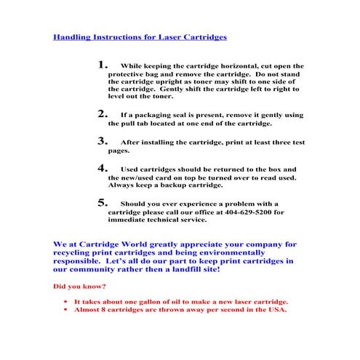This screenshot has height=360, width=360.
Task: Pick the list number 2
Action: pos(103,113)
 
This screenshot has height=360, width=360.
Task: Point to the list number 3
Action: pos(103,141)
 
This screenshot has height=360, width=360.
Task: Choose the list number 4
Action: pos(103,168)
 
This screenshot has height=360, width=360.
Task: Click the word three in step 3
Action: pos(265,143)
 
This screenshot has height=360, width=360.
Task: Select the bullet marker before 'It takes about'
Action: pos(65,300)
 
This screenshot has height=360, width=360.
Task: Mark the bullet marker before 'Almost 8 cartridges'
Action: pos(65,309)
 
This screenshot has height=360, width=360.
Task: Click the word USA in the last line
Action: pos(277,310)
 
